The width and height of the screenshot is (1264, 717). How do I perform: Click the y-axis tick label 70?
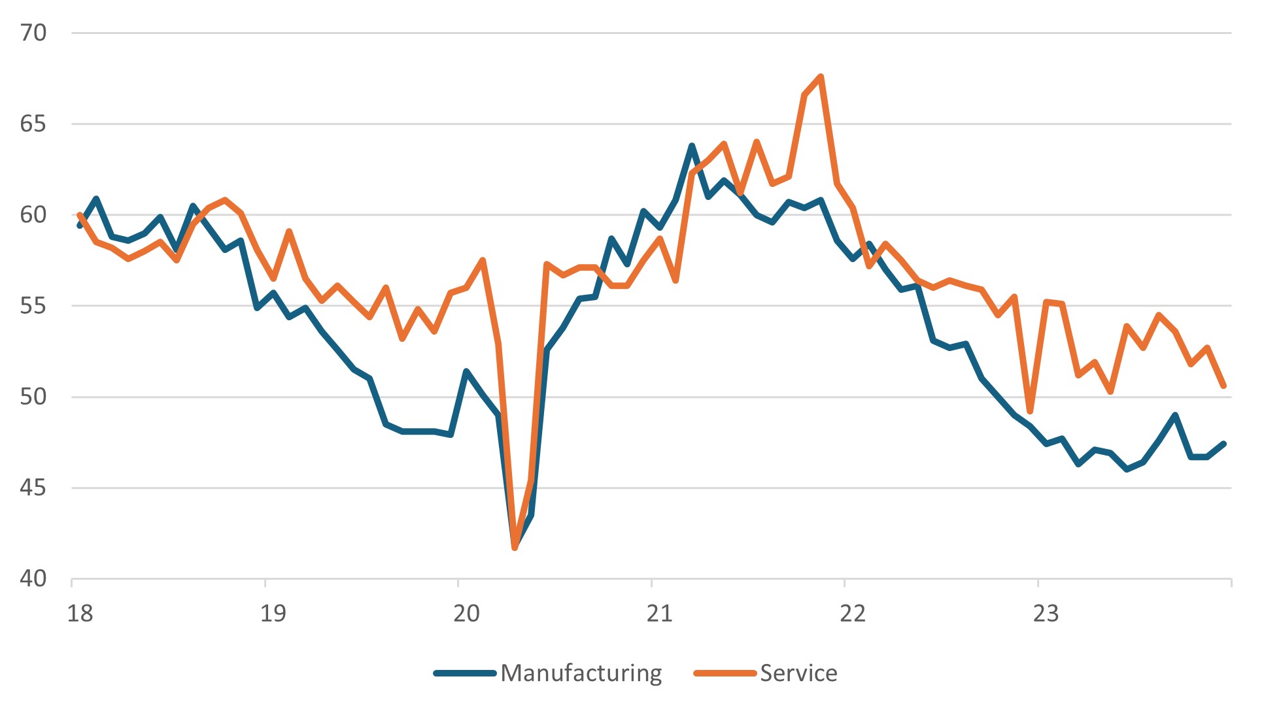33,33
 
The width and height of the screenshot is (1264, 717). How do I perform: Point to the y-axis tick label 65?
33,124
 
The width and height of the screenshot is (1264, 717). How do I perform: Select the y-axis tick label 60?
33,214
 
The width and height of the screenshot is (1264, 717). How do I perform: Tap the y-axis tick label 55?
33,305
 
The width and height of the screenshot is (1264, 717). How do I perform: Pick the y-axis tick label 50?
33,396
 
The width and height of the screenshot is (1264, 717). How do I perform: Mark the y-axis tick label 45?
33,488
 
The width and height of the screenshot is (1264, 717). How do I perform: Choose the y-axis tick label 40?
33,578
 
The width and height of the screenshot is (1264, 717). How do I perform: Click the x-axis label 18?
80,613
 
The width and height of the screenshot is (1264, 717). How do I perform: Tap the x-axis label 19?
273,613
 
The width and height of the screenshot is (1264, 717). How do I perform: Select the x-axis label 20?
466,613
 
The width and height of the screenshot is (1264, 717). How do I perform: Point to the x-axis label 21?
659,613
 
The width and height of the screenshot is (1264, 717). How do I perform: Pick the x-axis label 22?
853,613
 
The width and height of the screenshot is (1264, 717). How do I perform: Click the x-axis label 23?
1046,613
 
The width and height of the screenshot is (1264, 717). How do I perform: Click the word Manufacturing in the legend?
581,673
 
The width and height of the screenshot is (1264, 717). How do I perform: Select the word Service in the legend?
798,673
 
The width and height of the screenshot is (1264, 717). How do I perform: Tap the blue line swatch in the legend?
465,673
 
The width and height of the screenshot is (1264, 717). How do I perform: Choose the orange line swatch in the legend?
725,673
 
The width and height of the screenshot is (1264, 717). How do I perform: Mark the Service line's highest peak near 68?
821,76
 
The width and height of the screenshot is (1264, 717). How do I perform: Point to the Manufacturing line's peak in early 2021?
692,145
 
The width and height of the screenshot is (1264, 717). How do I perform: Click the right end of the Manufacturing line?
1223,444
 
